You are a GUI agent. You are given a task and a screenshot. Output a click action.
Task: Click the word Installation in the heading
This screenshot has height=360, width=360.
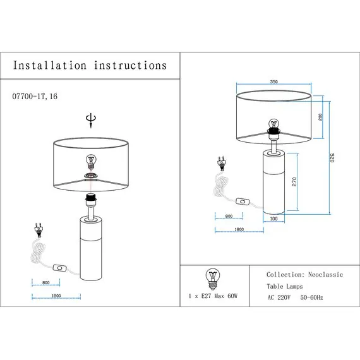pyautogui.click(x=50, y=65)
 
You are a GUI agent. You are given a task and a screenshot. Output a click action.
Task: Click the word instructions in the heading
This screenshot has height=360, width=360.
pyautogui.click(x=130, y=65)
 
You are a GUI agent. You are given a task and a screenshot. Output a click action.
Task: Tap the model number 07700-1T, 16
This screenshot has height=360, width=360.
pyautogui.click(x=35, y=96)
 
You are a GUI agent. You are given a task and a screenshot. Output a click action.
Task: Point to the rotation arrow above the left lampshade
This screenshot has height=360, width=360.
pyautogui.click(x=91, y=120)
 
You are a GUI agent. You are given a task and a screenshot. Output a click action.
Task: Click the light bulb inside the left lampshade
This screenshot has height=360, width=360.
pyautogui.click(x=91, y=162)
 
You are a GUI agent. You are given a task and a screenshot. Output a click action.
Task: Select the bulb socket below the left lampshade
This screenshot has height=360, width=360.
pyautogui.click(x=91, y=200)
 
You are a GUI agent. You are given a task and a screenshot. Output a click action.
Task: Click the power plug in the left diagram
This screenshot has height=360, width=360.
pyautogui.click(x=39, y=230)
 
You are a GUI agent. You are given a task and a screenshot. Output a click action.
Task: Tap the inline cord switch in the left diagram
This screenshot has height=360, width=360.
pyautogui.click(x=60, y=268)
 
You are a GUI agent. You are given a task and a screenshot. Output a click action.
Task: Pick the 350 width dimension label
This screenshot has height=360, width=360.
pyautogui.click(x=274, y=81)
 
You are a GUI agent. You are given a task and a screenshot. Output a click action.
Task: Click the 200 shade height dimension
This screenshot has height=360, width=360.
pyautogui.click(x=320, y=117)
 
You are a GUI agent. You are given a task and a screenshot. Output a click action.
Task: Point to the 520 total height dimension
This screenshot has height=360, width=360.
pyautogui.click(x=332, y=157)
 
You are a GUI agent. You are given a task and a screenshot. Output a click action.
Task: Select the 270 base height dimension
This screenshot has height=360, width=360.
pyautogui.click(x=294, y=182)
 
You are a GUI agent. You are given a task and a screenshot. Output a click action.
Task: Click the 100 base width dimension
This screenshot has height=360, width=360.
pyautogui.click(x=273, y=219)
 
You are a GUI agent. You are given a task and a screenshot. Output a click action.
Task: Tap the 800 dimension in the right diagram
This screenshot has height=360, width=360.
pyautogui.click(x=229, y=216)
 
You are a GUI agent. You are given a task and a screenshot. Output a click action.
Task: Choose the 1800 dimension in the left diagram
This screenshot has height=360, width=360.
pyautogui.click(x=56, y=296)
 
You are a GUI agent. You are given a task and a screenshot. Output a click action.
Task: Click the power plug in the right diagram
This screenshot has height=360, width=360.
pyautogui.click(x=222, y=164)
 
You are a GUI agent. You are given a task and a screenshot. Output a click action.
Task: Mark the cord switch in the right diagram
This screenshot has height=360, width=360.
pyautogui.click(x=243, y=201)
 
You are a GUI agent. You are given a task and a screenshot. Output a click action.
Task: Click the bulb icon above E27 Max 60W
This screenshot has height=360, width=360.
pyautogui.click(x=213, y=279)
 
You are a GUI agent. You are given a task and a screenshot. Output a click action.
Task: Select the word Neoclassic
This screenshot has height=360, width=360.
pyautogui.click(x=325, y=275)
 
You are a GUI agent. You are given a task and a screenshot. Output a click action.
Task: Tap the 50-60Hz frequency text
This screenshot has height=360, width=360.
pyautogui.click(x=311, y=297)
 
